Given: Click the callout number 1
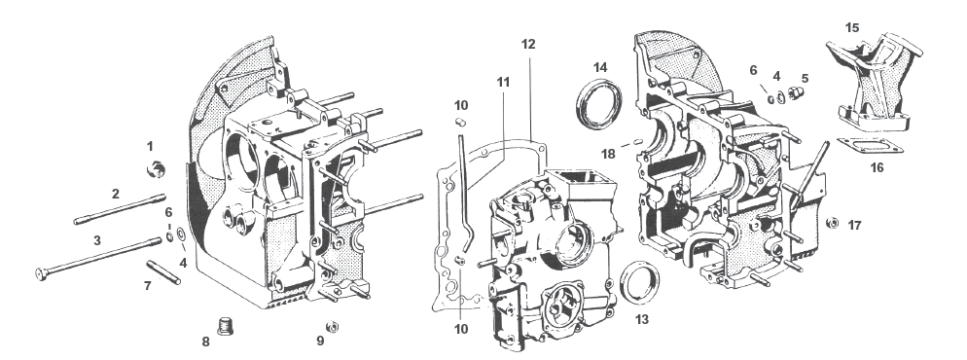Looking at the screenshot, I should pyautogui.click(x=150, y=146).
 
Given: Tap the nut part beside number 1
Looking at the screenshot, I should pyautogui.click(x=154, y=172).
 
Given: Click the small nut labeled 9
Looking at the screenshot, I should pyautogui.click(x=331, y=326).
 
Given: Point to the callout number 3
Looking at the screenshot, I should pyautogui.click(x=96, y=239).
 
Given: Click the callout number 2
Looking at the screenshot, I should pyautogui.click(x=115, y=194).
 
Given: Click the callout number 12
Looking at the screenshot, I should pyautogui.click(x=528, y=46).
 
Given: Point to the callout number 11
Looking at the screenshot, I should pyautogui.click(x=503, y=81).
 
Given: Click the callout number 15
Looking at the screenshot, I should pyautogui.click(x=851, y=27).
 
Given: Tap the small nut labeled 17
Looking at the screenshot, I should pyautogui.click(x=833, y=226).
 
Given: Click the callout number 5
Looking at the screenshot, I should pyautogui.click(x=804, y=77).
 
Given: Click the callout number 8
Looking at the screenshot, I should pyautogui.click(x=205, y=342).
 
